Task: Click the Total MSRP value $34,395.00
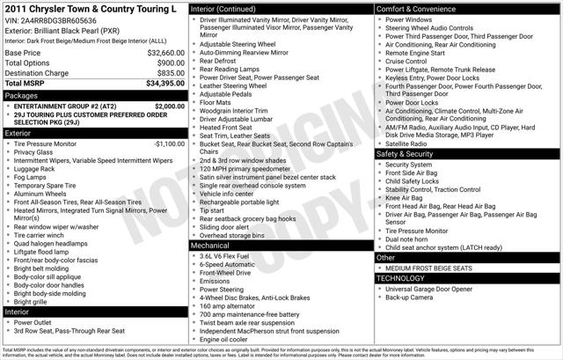(165, 83)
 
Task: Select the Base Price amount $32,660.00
(165, 53)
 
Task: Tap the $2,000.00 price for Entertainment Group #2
(170, 106)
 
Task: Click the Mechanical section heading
(214, 245)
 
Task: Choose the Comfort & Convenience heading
(420, 8)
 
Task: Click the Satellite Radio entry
(412, 143)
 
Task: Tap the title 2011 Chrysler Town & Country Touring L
(91, 8)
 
